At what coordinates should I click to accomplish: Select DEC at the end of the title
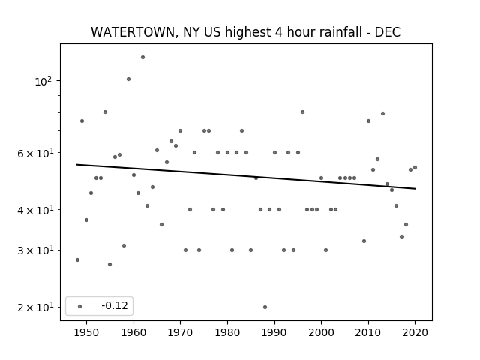(x=388, y=32)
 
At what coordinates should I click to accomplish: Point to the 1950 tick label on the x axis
(x=87, y=332)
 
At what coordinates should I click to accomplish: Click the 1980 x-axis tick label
(x=227, y=332)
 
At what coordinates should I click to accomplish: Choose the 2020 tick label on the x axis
(x=415, y=332)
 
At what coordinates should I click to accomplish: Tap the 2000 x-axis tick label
(x=321, y=332)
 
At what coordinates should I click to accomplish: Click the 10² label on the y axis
(x=43, y=82)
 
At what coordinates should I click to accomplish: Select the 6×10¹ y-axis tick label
(x=35, y=153)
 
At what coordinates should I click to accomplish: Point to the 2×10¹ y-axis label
(x=35, y=307)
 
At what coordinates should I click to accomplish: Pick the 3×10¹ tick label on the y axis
(x=35, y=250)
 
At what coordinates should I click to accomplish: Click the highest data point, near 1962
(x=142, y=58)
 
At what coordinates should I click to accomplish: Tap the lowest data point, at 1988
(x=265, y=307)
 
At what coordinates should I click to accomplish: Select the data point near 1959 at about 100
(x=128, y=79)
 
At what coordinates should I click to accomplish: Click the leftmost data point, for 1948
(x=77, y=260)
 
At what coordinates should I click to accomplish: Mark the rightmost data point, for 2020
(x=415, y=168)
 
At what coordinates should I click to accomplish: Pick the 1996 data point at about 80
(x=302, y=112)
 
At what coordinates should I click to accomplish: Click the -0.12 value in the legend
(x=115, y=305)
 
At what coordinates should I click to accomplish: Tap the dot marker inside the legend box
(x=80, y=306)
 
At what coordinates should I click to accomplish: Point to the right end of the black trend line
(x=415, y=189)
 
